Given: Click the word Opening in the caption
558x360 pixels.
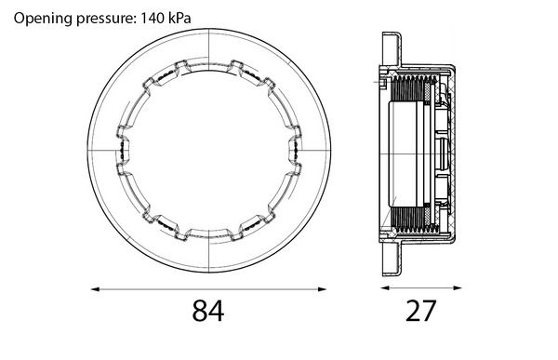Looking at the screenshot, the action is [x=43, y=18].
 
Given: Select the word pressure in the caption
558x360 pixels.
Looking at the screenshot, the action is [x=106, y=19].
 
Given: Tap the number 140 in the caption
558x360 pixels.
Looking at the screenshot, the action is [x=153, y=18].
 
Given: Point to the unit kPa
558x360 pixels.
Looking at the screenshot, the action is [x=179, y=18].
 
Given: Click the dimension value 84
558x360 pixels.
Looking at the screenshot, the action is [x=208, y=311].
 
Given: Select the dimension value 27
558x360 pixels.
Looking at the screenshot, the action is [x=420, y=311].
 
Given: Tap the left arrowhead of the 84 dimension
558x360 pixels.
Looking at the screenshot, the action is [x=95, y=289].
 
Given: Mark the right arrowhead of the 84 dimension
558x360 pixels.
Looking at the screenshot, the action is [x=322, y=289].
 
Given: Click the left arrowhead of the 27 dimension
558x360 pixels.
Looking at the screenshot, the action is [x=384, y=287].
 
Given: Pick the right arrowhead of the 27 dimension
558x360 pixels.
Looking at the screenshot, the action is [x=457, y=287].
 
